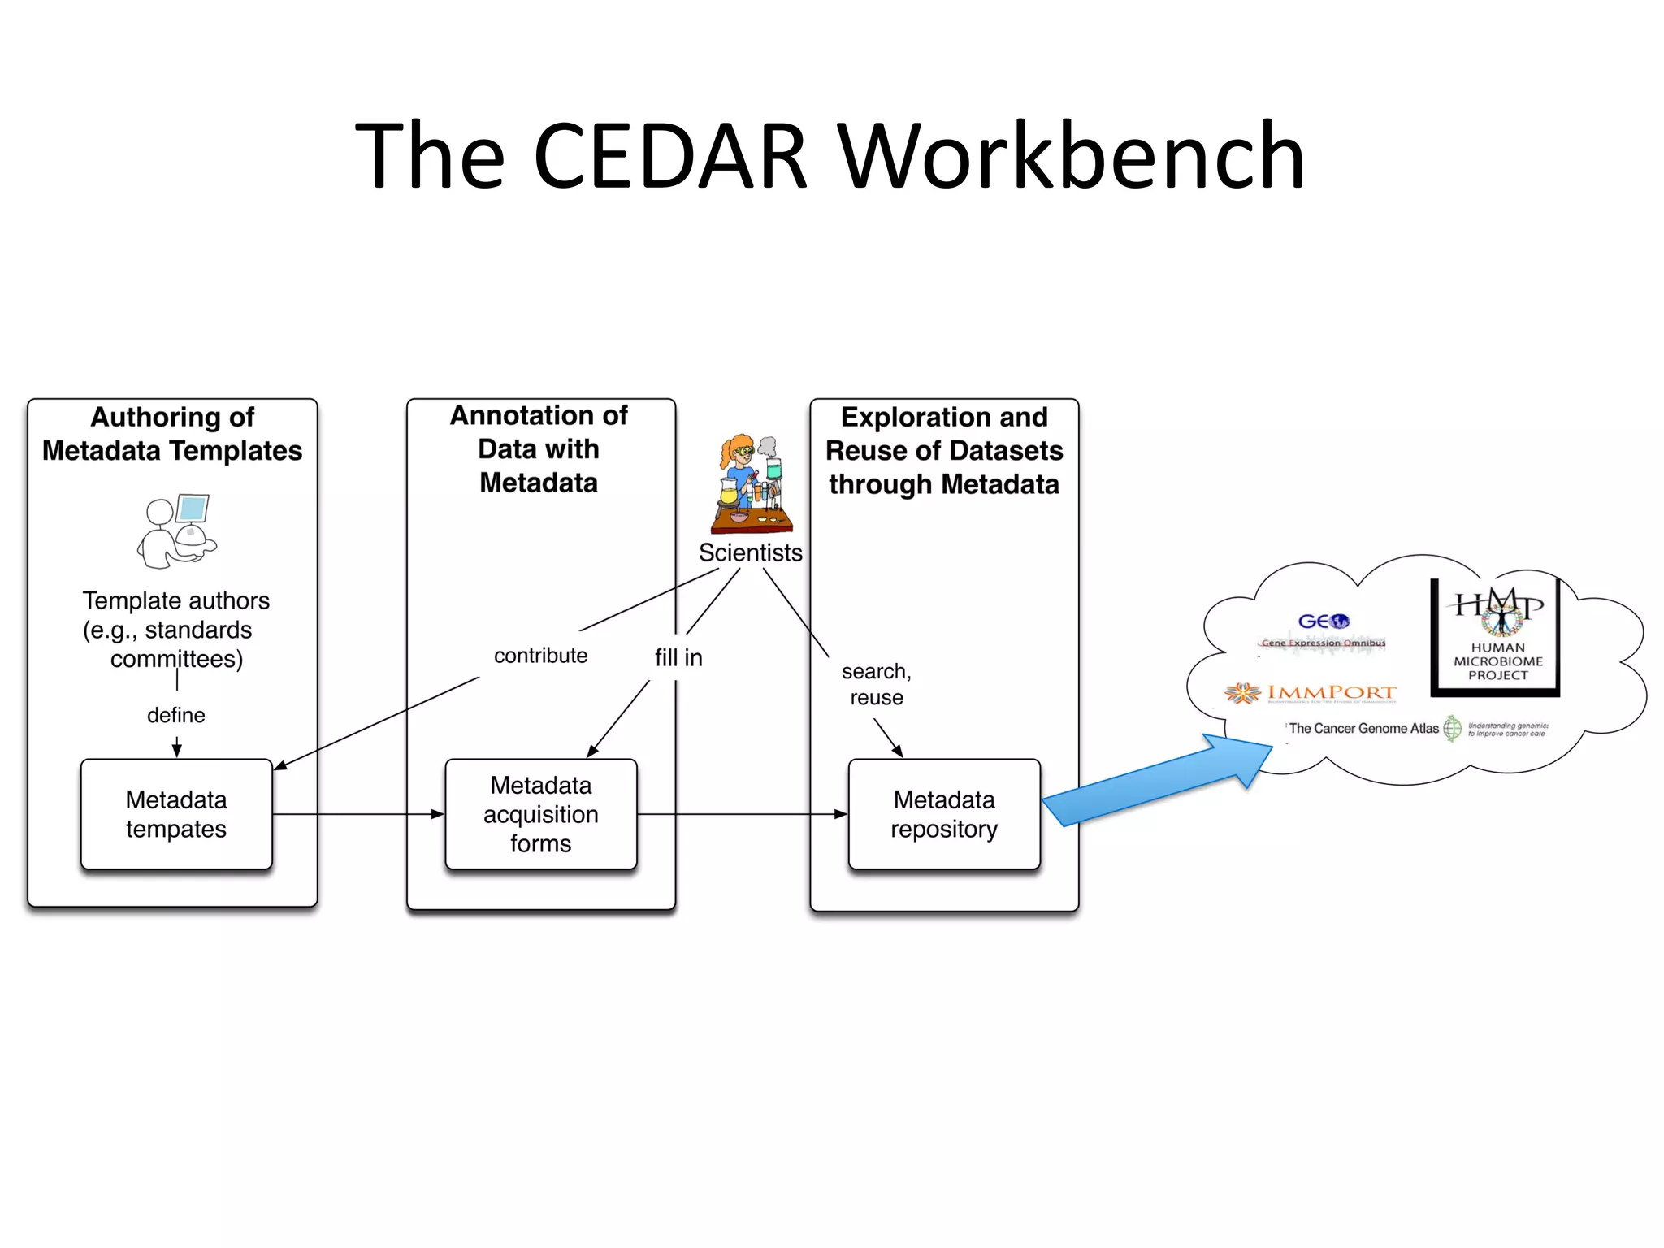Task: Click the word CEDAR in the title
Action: (671, 155)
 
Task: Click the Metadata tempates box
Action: (176, 814)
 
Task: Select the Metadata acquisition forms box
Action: (541, 814)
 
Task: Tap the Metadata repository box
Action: (944, 814)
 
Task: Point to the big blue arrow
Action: (1154, 784)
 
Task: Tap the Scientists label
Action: (750, 552)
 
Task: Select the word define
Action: (176, 715)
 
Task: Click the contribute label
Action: (540, 656)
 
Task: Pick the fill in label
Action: (678, 657)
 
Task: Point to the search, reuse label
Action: (876, 684)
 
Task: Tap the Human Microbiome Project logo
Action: (1497, 637)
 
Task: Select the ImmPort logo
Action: (1311, 693)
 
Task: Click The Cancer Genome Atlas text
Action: (1363, 729)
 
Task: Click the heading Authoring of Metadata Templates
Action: (172, 434)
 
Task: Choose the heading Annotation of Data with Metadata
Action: (539, 449)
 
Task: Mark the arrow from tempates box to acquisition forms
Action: (357, 814)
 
